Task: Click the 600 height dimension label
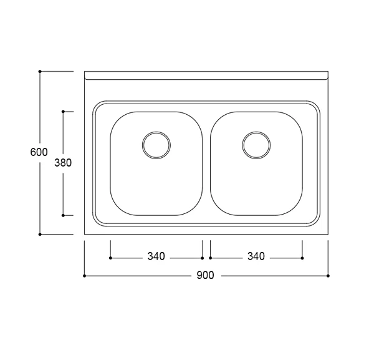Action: pyautogui.click(x=39, y=152)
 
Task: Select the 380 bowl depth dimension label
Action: pyautogui.click(x=63, y=163)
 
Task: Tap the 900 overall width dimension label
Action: pyautogui.click(x=205, y=276)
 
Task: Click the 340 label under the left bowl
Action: pyautogui.click(x=156, y=256)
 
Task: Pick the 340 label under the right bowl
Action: pyautogui.click(x=256, y=256)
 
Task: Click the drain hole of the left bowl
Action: pyautogui.click(x=156, y=145)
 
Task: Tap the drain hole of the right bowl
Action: pyautogui.click(x=256, y=145)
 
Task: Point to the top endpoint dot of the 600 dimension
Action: pyautogui.click(x=40, y=71)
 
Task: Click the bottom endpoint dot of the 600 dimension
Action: pyautogui.click(x=40, y=235)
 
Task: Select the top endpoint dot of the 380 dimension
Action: pyautogui.click(x=63, y=112)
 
